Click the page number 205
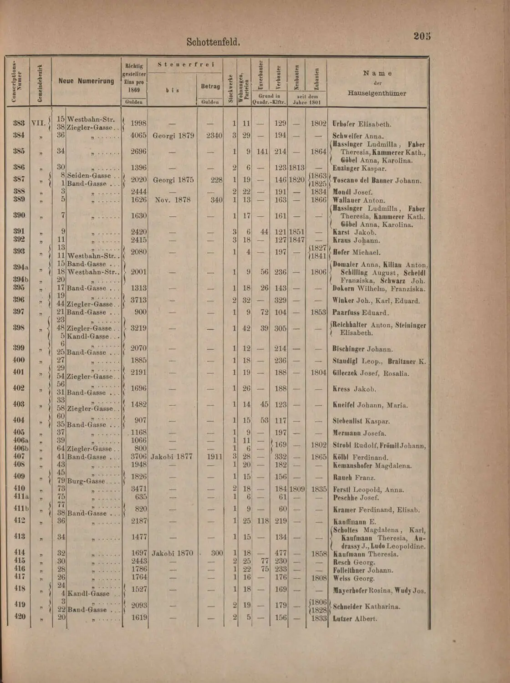coord(422,36)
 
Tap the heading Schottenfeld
coord(213,42)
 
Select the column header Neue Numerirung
coord(86,81)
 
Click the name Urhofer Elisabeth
coord(362,124)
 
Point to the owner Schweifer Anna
coord(358,136)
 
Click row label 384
coord(19,135)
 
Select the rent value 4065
coord(138,135)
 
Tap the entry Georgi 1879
coord(173,135)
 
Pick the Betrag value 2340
coord(214,135)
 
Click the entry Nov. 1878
coord(173,199)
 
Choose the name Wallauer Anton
coord(358,200)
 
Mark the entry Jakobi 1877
coord(172,456)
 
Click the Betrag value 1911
coord(214,456)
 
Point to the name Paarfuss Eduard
coord(360,312)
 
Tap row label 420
coord(20,617)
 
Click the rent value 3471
coord(138,489)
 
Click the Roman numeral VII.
coord(39,123)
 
